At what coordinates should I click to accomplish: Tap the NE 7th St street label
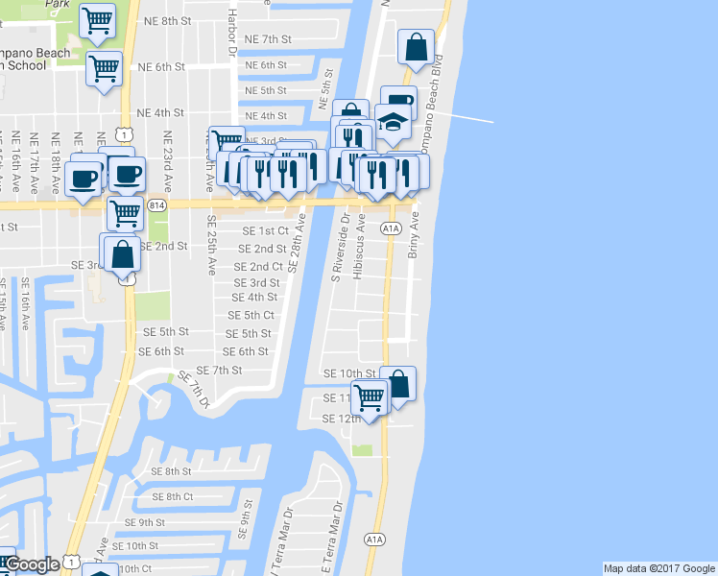click(x=268, y=39)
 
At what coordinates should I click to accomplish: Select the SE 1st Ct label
click(x=265, y=231)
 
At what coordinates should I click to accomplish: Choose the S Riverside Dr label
click(x=337, y=248)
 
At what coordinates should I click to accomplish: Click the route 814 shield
click(x=156, y=204)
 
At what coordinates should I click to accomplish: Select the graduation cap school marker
click(x=393, y=123)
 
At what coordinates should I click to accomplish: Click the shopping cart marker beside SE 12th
click(x=368, y=396)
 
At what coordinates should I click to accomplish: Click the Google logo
click(x=33, y=564)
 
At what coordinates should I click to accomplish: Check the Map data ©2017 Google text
click(x=658, y=568)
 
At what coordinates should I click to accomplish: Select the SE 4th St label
click(x=254, y=298)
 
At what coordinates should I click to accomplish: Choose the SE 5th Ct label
click(x=251, y=315)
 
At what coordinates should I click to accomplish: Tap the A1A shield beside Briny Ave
click(x=391, y=228)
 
